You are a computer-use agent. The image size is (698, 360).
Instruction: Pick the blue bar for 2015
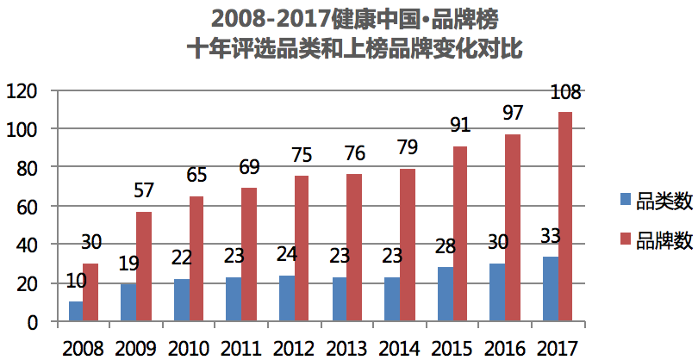[445, 295]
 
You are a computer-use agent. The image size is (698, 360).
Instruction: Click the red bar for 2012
[302, 249]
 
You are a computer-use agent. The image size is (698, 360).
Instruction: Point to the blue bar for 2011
[234, 300]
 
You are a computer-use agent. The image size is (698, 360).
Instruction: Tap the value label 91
[460, 125]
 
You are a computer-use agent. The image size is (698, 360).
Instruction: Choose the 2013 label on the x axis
[347, 349]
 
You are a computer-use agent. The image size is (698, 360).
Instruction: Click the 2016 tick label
[505, 349]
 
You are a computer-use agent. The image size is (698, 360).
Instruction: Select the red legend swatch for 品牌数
[626, 241]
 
